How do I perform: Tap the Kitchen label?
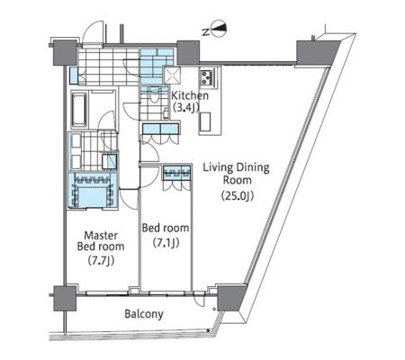click(190, 96)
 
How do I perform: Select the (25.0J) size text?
click(238, 196)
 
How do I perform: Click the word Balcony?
click(144, 314)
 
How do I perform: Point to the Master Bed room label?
click(101, 241)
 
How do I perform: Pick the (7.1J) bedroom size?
click(166, 242)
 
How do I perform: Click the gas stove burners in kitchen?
click(207, 77)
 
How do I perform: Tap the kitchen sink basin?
click(205, 121)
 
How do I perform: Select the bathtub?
click(79, 110)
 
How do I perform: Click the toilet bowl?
click(154, 94)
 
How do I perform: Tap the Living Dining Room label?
click(237, 174)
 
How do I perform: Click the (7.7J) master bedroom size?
click(102, 261)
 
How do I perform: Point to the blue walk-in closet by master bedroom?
click(93, 190)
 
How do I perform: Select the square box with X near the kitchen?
click(172, 75)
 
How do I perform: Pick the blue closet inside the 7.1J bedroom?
click(177, 173)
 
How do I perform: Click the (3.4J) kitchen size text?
click(186, 107)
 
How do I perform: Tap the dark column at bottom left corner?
click(65, 298)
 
